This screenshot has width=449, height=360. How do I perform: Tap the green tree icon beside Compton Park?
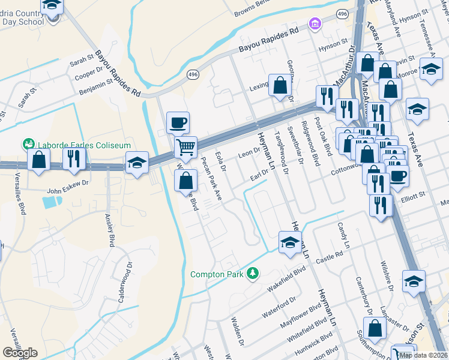pos(253,274)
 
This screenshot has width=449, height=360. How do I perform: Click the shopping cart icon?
pos(186,146)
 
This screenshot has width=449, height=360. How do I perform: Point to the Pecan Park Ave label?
pos(211,178)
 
